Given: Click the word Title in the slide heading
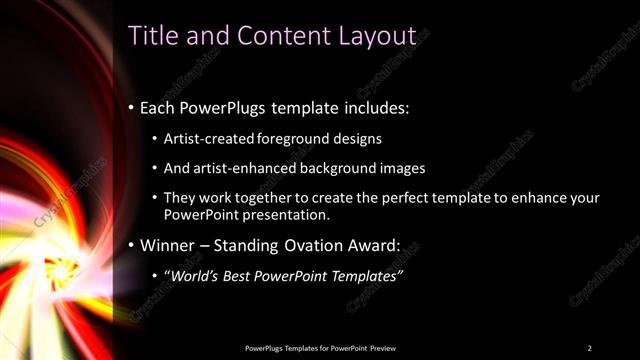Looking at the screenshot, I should tap(152, 36).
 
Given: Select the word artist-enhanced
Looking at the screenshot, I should tap(246, 168).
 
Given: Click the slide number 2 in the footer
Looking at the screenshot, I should tap(589, 348).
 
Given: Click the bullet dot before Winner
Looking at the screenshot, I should tap(131, 245).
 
